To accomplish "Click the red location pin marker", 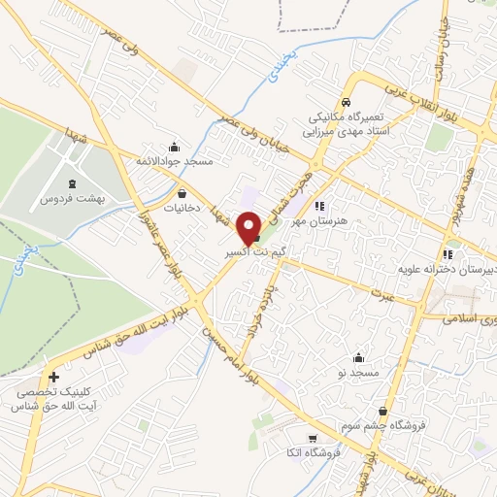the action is click(x=248, y=227).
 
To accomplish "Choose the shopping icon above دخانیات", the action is click(x=182, y=193).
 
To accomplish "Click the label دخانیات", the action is click(x=182, y=208).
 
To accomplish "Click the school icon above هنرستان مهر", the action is click(x=319, y=206).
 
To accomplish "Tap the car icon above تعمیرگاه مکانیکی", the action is click(x=346, y=102).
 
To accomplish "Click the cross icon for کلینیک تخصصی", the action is click(x=53, y=377).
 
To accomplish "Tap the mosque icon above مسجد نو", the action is click(x=359, y=358).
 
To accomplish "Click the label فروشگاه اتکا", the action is click(x=306, y=454).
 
